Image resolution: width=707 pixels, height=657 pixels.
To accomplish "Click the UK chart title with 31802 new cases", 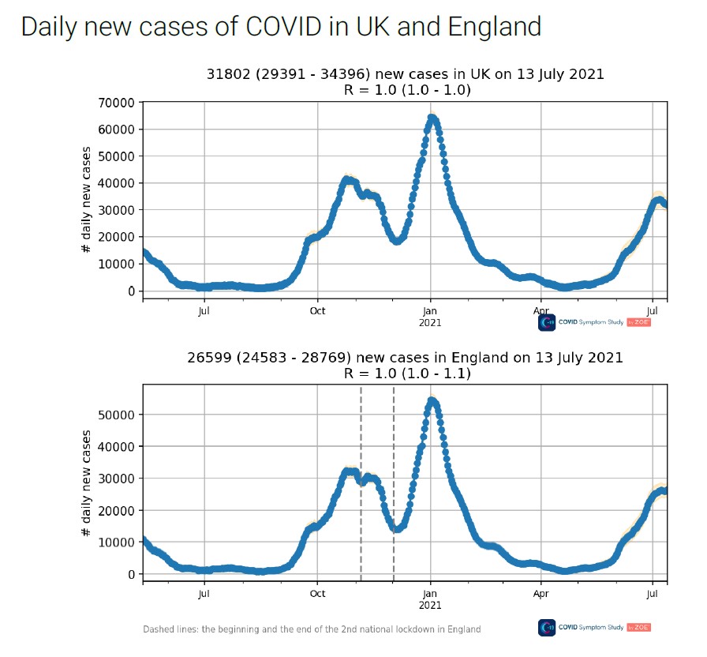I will (405, 74).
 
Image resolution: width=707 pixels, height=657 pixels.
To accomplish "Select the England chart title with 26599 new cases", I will (405, 358).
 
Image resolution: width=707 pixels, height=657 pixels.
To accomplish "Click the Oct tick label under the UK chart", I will (317, 311).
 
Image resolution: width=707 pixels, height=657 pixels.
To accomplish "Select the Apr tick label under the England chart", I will (541, 593).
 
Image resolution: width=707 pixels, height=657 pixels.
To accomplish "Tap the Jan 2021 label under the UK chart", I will (430, 316).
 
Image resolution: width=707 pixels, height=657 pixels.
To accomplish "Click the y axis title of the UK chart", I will (86, 201).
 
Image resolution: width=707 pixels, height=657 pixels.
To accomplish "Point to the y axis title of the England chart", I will (86, 484).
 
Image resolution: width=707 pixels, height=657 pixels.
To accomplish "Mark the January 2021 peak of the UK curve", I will (432, 118).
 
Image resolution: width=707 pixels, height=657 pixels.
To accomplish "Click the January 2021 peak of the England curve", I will (432, 401).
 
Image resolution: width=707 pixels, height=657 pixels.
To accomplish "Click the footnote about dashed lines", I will (312, 629).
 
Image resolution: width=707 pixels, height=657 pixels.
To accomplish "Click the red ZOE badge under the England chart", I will (639, 627).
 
